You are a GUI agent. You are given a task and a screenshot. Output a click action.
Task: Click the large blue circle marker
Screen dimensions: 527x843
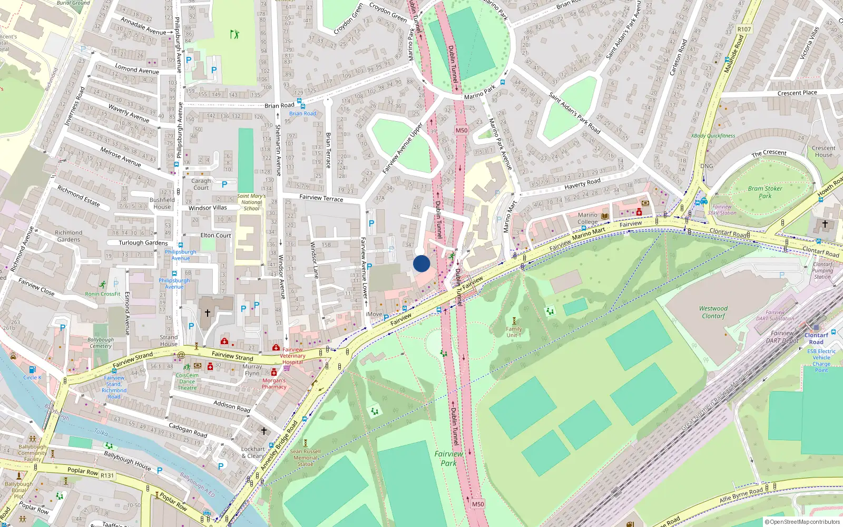(x=421, y=263)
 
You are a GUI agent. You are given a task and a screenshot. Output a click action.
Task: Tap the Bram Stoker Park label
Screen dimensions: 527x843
(x=765, y=192)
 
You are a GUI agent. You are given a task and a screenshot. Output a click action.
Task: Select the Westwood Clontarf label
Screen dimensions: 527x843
(x=713, y=312)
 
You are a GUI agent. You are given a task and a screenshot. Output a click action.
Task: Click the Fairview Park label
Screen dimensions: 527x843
(x=448, y=458)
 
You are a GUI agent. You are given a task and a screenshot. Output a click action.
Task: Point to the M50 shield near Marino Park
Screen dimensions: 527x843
(x=462, y=130)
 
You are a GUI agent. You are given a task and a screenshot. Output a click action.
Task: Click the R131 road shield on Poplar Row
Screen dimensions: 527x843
(x=107, y=475)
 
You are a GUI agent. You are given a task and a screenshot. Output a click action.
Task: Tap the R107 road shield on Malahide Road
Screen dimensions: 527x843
(x=744, y=29)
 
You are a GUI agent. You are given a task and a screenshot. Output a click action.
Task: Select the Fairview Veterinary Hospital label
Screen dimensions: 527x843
(x=292, y=356)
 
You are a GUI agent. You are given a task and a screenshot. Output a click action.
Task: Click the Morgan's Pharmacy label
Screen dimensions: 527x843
(x=274, y=383)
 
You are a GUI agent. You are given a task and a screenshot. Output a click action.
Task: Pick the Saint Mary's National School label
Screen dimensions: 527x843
(x=251, y=202)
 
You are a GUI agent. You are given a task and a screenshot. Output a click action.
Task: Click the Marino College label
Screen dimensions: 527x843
(x=587, y=218)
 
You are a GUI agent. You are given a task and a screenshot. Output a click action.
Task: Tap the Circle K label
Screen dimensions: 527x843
(x=32, y=377)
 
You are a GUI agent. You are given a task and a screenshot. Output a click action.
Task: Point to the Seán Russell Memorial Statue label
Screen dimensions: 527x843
(x=305, y=457)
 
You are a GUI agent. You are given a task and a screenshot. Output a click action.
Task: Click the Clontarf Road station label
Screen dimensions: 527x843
(x=816, y=338)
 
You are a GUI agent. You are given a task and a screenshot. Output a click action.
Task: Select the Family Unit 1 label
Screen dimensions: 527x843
(x=514, y=332)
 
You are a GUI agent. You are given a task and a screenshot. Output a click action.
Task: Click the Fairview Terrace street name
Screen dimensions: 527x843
(x=321, y=198)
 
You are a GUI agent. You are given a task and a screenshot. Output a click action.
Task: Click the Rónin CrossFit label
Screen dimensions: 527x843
(x=103, y=294)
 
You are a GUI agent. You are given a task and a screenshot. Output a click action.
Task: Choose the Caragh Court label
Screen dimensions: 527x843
(x=201, y=184)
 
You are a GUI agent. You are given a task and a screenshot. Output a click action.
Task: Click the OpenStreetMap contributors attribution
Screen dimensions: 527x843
(x=802, y=522)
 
